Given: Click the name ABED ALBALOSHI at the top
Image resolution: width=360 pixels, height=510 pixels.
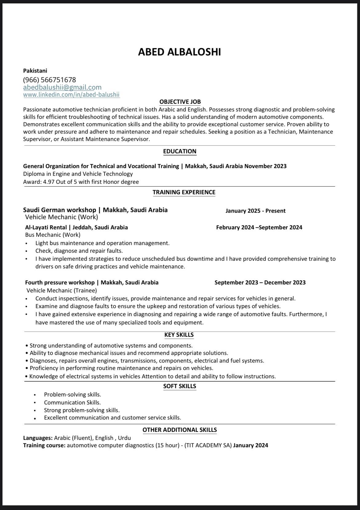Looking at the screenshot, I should click(x=179, y=52).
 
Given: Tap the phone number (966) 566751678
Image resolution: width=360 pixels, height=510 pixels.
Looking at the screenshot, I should click(x=50, y=80).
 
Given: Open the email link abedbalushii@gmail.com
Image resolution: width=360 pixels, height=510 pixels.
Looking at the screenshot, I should click(x=62, y=87).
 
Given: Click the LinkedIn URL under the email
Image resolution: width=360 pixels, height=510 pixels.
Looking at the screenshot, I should click(x=71, y=95).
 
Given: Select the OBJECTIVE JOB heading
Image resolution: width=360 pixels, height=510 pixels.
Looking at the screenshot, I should click(x=180, y=102).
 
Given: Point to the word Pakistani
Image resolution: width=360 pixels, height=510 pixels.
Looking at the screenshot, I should click(x=35, y=71).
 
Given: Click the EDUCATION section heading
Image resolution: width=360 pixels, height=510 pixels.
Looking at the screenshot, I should click(x=180, y=151).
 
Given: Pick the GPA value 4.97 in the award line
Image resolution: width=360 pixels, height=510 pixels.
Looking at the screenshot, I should click(x=49, y=182).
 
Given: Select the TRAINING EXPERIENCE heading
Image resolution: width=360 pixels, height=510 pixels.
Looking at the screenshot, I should click(x=184, y=192).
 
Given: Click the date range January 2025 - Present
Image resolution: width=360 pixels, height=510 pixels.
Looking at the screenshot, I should click(x=255, y=211).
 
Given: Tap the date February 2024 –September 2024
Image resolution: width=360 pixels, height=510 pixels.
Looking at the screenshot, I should click(x=259, y=227).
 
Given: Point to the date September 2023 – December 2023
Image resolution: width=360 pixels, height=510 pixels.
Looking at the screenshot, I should click(x=260, y=283).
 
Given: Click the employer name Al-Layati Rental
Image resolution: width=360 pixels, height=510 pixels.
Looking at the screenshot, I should click(x=46, y=227).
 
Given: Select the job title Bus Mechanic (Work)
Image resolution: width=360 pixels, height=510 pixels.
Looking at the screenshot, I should click(x=53, y=235).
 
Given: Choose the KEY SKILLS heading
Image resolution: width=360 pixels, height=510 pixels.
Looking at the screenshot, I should click(x=179, y=335).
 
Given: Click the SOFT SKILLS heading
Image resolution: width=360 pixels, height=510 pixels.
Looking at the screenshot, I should click(x=179, y=386).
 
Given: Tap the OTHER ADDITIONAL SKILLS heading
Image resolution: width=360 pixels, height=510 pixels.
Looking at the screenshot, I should click(x=180, y=430).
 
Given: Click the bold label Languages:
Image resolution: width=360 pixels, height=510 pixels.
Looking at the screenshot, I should click(x=38, y=438).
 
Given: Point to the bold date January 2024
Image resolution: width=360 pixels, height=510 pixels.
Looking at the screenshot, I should click(x=250, y=445).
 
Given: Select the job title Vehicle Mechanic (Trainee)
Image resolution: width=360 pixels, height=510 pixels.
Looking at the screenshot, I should click(x=62, y=290).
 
